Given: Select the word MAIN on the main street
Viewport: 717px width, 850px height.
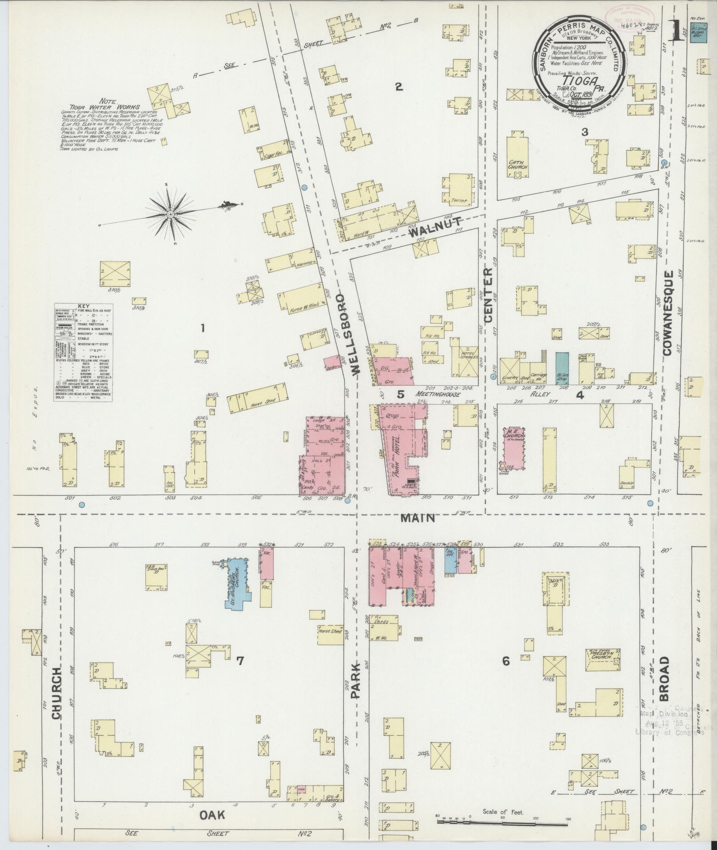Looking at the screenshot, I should click(417, 518).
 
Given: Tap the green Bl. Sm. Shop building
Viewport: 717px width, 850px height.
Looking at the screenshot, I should click(562, 368).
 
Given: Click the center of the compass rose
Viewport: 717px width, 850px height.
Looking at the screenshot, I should click(170, 215).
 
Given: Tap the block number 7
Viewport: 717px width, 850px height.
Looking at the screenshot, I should click(240, 661).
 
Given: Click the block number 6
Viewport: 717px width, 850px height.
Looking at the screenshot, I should click(505, 661).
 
